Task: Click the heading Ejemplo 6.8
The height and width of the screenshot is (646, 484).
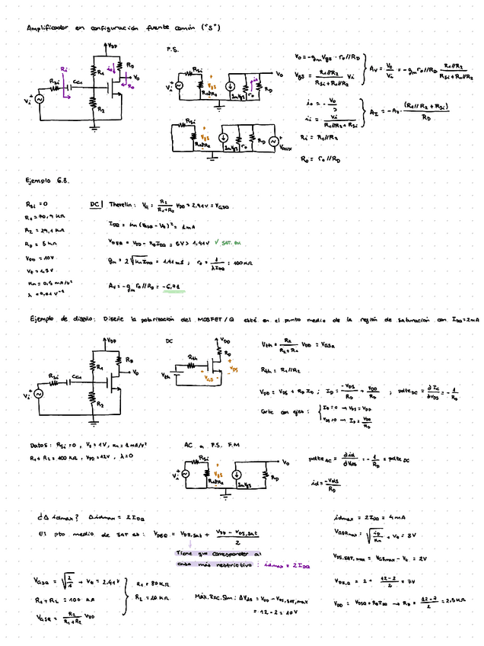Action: [x=47, y=181]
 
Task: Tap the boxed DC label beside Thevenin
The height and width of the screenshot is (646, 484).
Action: [x=96, y=205]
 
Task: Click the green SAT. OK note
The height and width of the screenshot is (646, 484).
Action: [x=228, y=243]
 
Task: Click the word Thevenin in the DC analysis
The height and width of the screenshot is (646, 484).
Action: [x=121, y=205]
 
